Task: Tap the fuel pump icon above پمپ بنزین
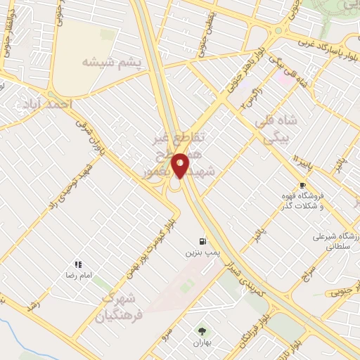205,239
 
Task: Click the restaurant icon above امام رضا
79,264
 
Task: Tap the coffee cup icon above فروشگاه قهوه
303,186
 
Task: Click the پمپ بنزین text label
199,250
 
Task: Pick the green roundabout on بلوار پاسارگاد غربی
278,31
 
